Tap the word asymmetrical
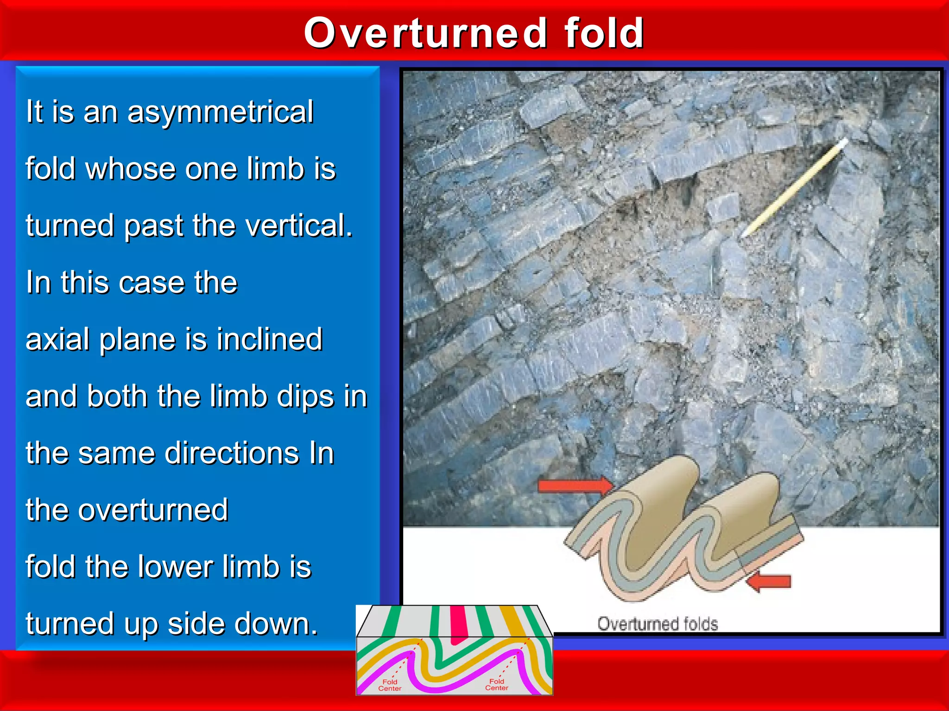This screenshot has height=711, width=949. coord(220,112)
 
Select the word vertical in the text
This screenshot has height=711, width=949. coord(298,226)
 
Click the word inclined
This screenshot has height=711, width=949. coord(269,339)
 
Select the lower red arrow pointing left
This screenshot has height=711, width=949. coord(769,581)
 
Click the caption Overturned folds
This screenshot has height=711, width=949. coord(657,624)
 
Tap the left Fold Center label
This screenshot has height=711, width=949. coord(390,685)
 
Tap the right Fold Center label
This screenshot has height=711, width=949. coord(496,685)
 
